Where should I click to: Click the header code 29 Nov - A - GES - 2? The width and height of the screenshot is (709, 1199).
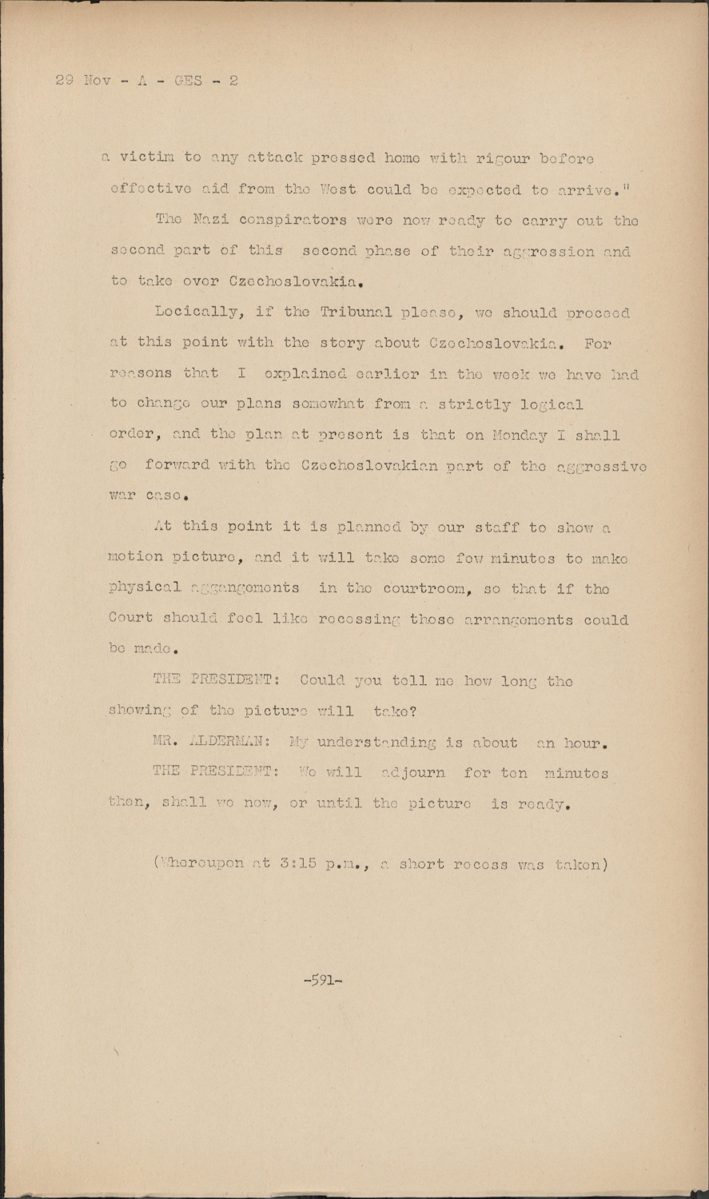click(147, 81)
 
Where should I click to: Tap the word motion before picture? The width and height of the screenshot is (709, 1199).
click(136, 558)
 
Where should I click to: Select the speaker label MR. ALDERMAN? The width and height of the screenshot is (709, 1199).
click(210, 743)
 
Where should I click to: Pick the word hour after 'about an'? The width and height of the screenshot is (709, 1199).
click(587, 743)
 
